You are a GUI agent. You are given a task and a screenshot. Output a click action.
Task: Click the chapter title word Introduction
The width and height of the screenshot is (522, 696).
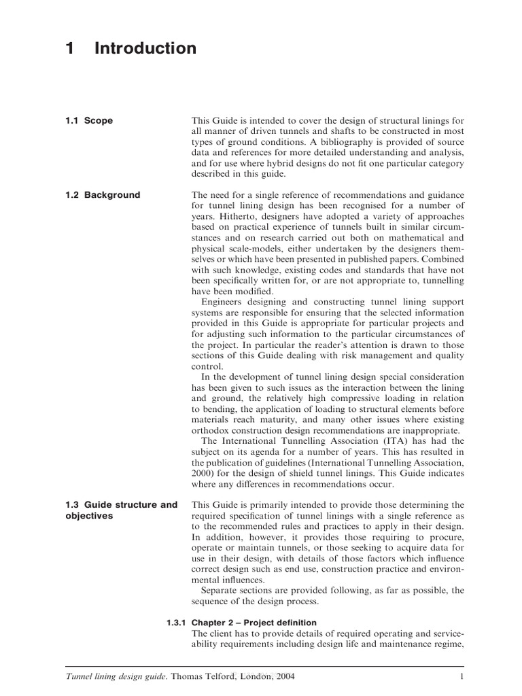point(145,48)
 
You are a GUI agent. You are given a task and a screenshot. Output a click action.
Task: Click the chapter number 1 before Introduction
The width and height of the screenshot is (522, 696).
point(69,48)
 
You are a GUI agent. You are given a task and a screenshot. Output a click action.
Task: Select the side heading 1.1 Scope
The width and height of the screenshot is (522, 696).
point(89,121)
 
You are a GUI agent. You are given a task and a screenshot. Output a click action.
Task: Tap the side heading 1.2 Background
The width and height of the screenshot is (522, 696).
point(103,195)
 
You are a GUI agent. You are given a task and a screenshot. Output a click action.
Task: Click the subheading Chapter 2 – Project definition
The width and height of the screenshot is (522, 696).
point(254,623)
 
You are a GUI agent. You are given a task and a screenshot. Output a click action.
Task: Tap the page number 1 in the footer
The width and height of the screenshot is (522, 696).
point(462,677)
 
